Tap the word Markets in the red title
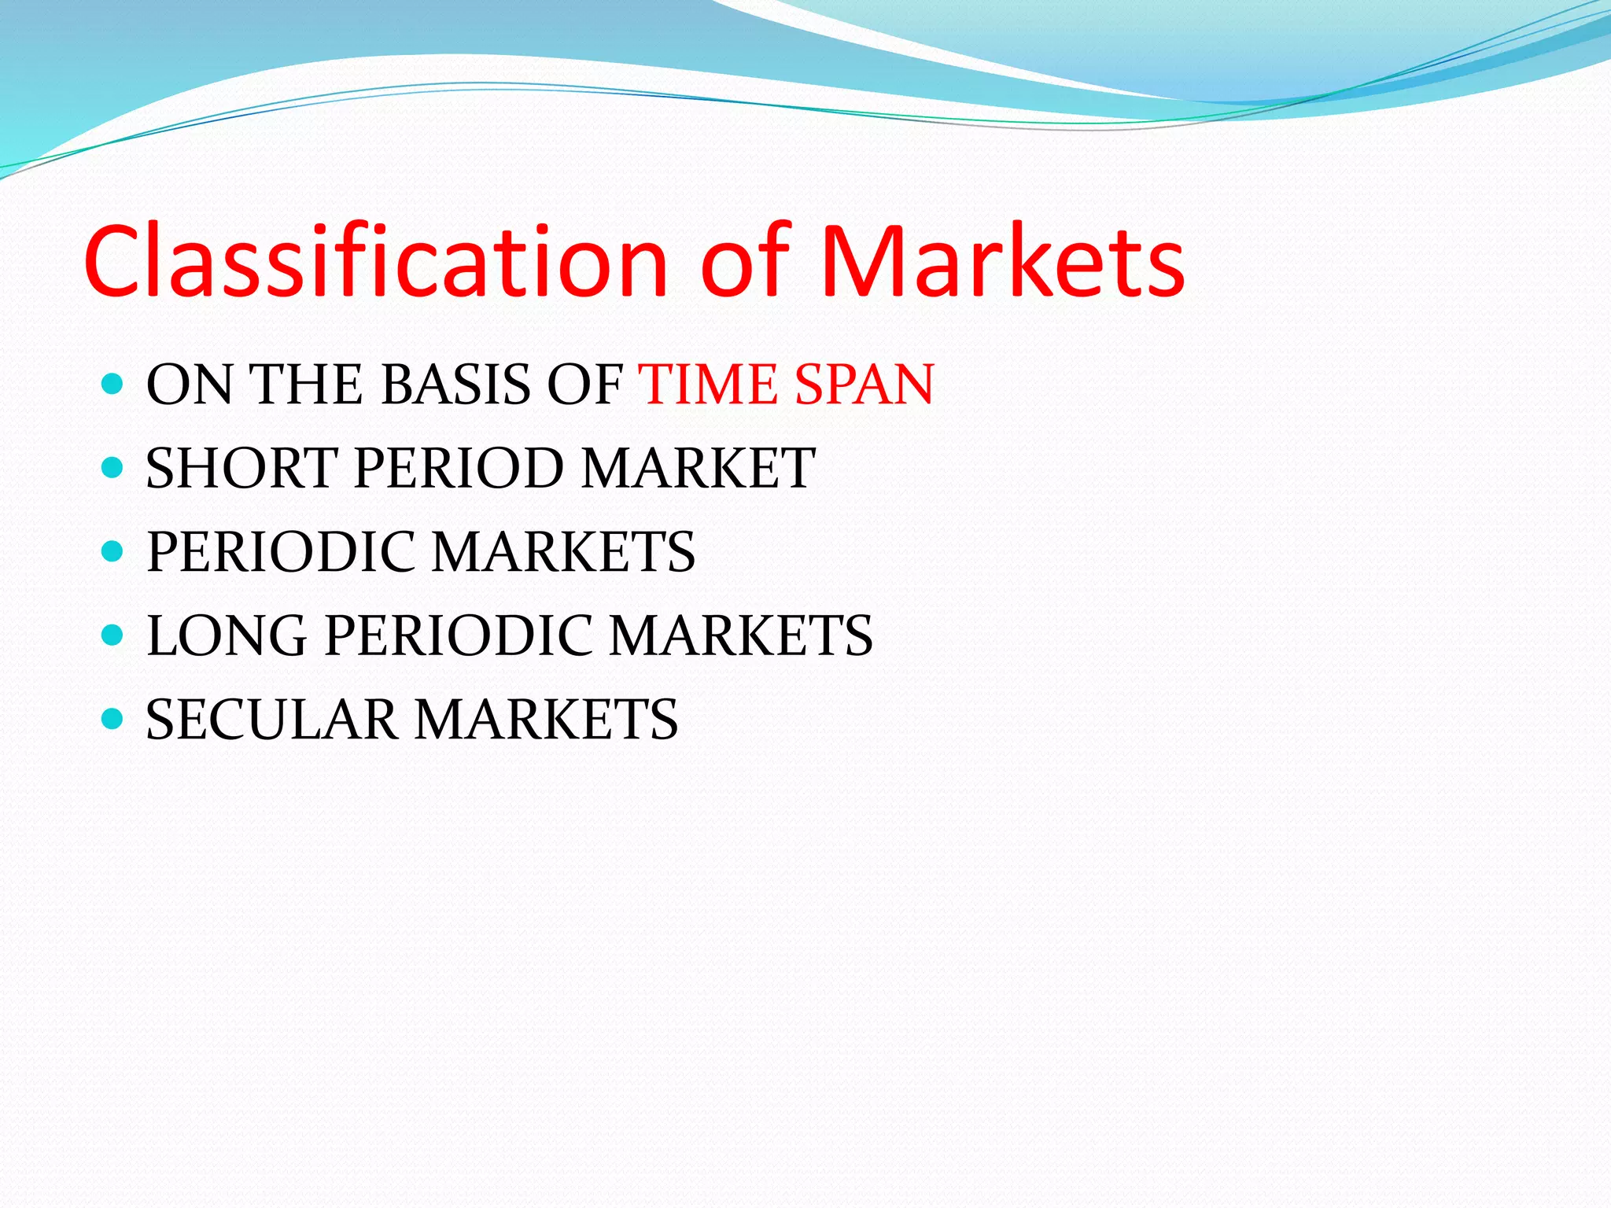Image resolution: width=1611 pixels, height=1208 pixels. tap(1002, 261)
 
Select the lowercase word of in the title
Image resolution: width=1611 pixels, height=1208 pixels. tap(744, 261)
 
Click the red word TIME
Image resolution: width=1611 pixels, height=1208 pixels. tap(711, 385)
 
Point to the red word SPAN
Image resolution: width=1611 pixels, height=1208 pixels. tap(864, 385)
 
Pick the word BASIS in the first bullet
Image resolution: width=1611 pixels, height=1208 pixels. tap(456, 385)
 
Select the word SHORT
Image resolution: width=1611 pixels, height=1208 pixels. tap(241, 469)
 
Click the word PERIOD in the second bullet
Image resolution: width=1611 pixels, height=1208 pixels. tap(459, 469)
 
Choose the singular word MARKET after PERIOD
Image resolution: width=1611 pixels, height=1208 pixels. tap(698, 469)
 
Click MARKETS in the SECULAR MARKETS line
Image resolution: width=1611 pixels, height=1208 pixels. tap(546, 720)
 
